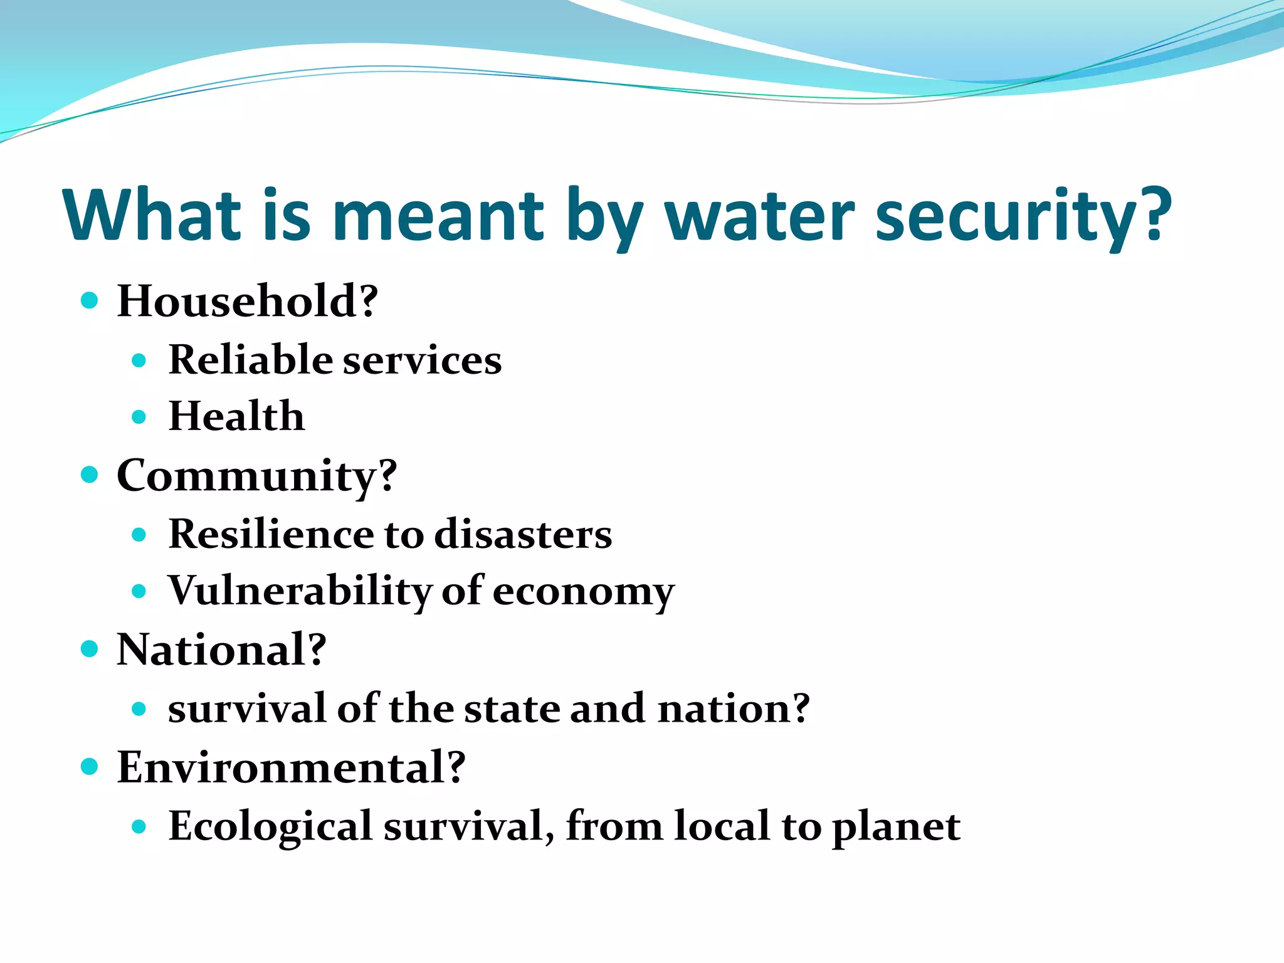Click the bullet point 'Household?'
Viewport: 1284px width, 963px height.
[248, 301]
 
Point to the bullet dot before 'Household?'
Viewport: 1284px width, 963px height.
[90, 300]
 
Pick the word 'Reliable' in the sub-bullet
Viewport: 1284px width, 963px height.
[250, 360]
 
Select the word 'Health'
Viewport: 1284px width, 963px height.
[236, 416]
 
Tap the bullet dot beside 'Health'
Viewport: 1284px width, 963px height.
[139, 417]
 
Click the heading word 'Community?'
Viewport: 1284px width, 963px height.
[257, 476]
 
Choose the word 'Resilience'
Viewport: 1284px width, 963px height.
[270, 534]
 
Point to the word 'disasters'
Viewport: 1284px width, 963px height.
[523, 534]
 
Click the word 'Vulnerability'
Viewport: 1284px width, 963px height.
[300, 591]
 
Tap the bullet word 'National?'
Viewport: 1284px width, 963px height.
[222, 650]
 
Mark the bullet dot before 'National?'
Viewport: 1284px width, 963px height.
[90, 649]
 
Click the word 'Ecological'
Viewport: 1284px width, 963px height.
[271, 826]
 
